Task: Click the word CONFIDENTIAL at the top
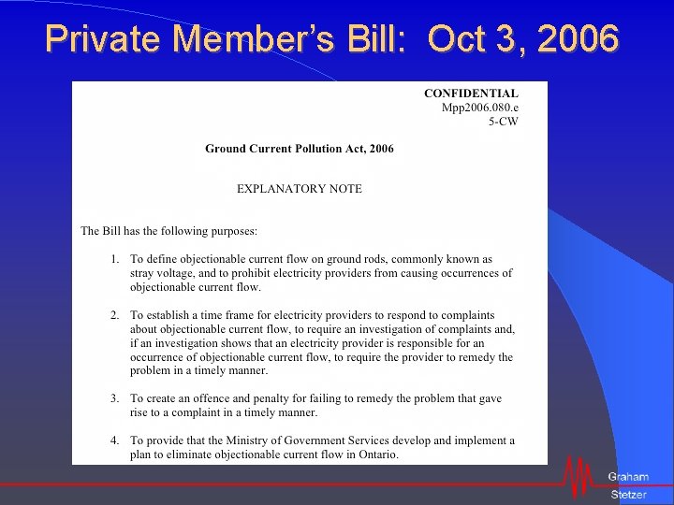point(471,94)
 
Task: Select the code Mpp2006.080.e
point(479,108)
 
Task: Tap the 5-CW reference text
point(503,122)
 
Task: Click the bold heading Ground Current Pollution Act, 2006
point(300,149)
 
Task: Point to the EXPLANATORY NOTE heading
point(299,188)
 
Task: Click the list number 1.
point(114,259)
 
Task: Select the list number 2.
point(114,315)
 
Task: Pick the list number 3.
point(114,398)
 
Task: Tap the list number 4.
point(114,440)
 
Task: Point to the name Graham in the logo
point(627,477)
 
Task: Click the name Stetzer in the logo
point(628,495)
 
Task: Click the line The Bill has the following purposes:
point(168,230)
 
